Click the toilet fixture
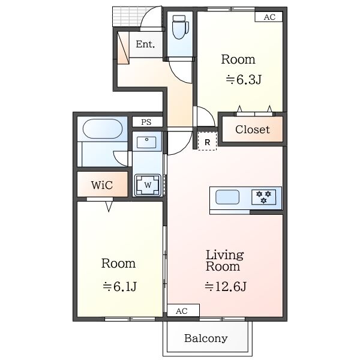[x=180, y=27]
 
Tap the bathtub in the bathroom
[x=102, y=128]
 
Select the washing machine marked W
[x=148, y=185]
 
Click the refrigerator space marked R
[x=208, y=142]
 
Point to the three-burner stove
[x=263, y=197]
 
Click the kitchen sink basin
[x=227, y=197]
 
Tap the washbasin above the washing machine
[x=146, y=142]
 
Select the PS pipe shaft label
[x=146, y=122]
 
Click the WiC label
[x=102, y=185]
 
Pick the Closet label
[x=253, y=130]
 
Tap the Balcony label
[x=206, y=338]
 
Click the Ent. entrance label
[x=145, y=44]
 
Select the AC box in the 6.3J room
[x=269, y=17]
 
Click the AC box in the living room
[x=183, y=311]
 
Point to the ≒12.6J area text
[x=226, y=286]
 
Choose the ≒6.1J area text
[x=119, y=286]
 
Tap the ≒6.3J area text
[x=244, y=80]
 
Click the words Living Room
[x=224, y=260]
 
